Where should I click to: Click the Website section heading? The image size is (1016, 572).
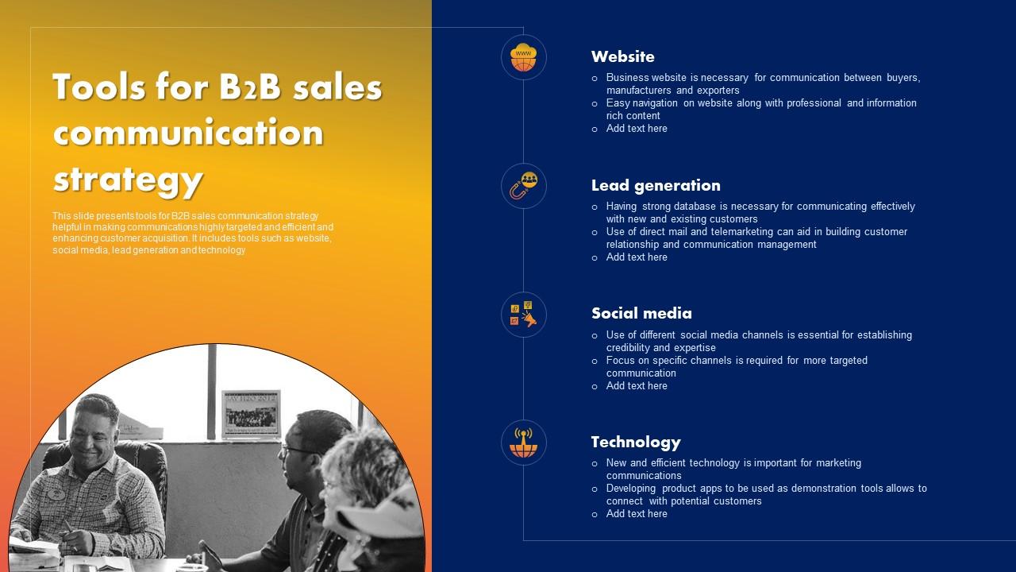click(623, 56)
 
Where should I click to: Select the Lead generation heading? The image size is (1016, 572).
click(656, 185)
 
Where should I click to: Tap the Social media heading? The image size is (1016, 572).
click(641, 313)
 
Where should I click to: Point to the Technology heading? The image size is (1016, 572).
click(636, 442)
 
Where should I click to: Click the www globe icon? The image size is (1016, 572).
click(523, 57)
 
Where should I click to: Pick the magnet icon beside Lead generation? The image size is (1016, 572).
click(523, 186)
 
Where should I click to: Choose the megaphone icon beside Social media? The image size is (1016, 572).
click(523, 314)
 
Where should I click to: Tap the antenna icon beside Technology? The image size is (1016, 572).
click(523, 443)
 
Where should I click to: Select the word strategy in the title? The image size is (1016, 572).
click(128, 180)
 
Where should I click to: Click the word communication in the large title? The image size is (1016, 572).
click(188, 133)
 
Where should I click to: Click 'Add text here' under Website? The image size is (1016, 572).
click(637, 129)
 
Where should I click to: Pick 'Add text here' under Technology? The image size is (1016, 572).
click(637, 514)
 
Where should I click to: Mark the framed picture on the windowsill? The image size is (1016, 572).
click(251, 413)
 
